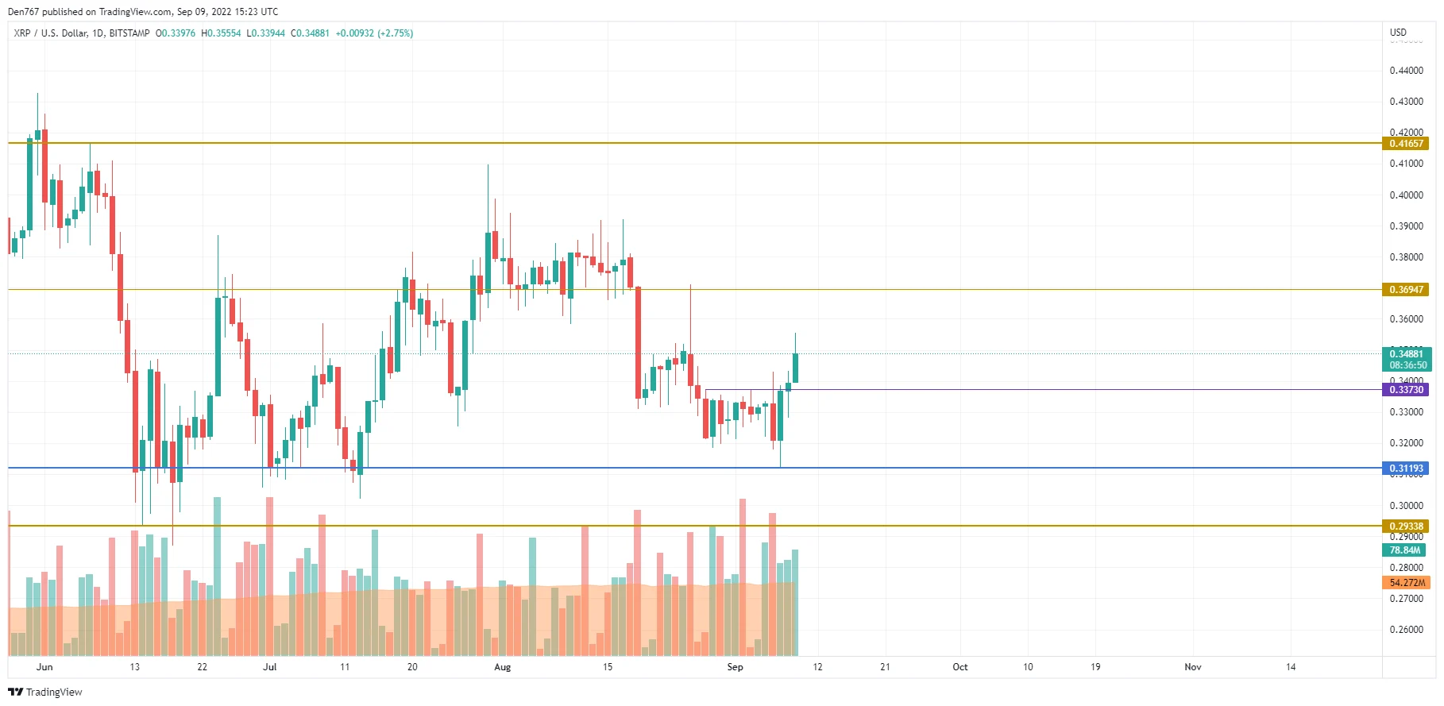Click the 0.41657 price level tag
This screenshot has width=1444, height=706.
(1405, 144)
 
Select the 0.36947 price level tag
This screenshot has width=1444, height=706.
(1405, 290)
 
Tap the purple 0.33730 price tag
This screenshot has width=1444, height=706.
(1405, 390)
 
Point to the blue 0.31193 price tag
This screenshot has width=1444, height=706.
(1405, 469)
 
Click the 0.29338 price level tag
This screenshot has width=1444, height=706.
(1405, 527)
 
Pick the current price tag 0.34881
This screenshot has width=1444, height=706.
(1405, 354)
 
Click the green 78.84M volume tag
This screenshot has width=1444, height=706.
(1403, 550)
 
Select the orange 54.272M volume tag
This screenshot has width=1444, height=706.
(1405, 583)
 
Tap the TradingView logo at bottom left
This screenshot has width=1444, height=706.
(45, 692)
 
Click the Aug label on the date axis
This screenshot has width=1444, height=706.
(502, 667)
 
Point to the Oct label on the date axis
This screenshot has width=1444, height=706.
(959, 667)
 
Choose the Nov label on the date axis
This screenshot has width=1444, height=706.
(1192, 667)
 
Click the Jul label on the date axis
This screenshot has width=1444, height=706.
(269, 667)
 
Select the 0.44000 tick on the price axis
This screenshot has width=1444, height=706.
(1406, 71)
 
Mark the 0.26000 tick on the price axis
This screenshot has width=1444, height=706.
(1406, 630)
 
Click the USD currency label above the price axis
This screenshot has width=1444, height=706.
(1398, 33)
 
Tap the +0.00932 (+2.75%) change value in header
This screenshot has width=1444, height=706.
(374, 33)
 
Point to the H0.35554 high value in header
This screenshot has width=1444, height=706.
(221, 33)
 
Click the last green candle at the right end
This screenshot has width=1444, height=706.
(795, 368)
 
